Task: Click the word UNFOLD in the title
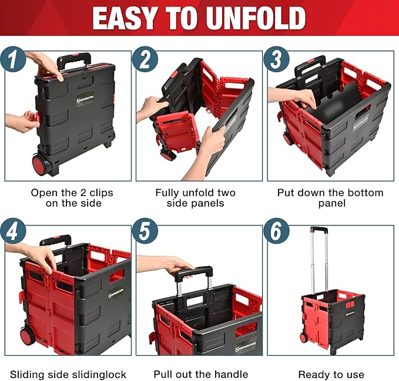(x=246, y=19)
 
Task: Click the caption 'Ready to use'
(x=331, y=374)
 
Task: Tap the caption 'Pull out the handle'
(x=201, y=374)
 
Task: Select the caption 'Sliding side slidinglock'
(x=68, y=374)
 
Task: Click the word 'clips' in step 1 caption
(x=99, y=193)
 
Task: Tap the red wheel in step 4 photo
(x=27, y=336)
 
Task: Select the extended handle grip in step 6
(x=318, y=230)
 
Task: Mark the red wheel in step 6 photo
(x=304, y=338)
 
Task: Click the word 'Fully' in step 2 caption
(x=167, y=193)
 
